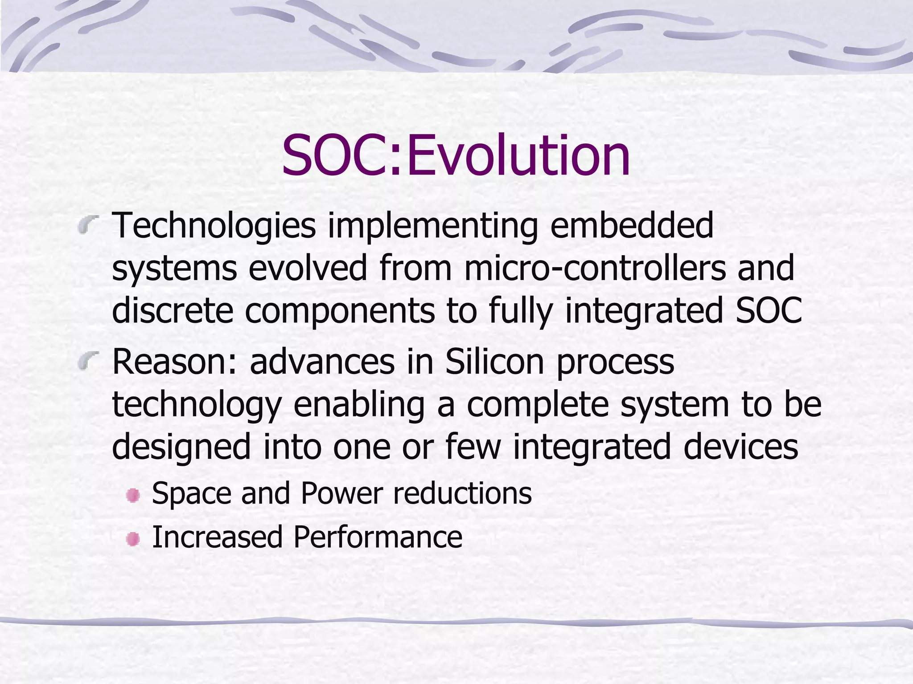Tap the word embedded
(632, 226)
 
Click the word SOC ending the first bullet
(769, 310)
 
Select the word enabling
(359, 404)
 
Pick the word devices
(740, 447)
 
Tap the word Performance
(378, 537)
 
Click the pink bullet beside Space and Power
(133, 495)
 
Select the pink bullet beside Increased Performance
(133, 539)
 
